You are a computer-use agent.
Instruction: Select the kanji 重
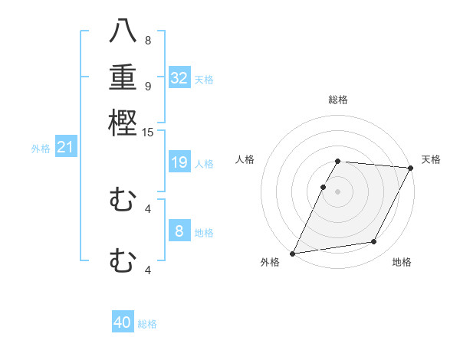pos(123,77)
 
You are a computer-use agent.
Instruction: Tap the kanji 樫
pos(123,123)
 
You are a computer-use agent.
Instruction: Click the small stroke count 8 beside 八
pos(147,40)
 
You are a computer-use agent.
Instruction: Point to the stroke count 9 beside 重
pos(147,86)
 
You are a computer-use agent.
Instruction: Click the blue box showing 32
pos(179,78)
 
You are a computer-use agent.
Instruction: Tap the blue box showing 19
pos(179,162)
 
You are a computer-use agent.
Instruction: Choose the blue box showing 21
pos(65,147)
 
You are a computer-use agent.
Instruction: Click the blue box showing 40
pos(123,322)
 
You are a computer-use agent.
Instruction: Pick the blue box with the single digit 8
pos(179,231)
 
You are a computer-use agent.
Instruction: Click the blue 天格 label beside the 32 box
pos(204,80)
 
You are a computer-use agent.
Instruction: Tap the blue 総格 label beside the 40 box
pos(147,324)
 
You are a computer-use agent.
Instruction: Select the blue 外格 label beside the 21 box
pos(41,149)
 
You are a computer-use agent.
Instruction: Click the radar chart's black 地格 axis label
pos(402,263)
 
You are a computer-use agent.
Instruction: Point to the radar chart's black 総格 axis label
pos(338,100)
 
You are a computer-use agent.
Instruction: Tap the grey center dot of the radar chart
pos(338,191)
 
